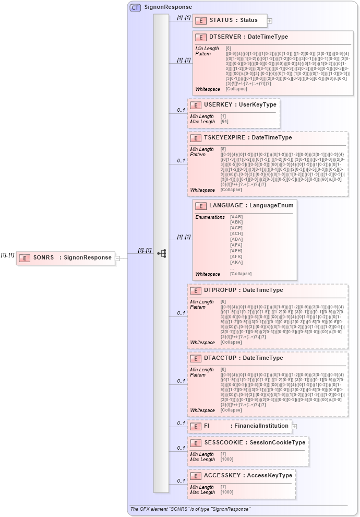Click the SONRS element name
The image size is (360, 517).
(44, 257)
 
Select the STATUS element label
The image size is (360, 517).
(221, 20)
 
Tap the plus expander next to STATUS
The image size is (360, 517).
(270, 21)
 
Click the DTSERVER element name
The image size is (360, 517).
(225, 37)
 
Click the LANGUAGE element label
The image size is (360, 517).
(225, 206)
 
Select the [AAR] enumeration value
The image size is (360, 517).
(236, 217)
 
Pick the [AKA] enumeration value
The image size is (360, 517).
(236, 263)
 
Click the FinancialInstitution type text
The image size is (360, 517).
(261, 426)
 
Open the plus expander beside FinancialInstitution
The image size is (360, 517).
(294, 427)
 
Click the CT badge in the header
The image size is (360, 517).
(135, 7)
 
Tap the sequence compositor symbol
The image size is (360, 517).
(161, 253)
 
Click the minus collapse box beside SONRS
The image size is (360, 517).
(117, 257)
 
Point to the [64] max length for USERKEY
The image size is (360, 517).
(224, 122)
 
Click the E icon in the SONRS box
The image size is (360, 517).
(24, 257)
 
